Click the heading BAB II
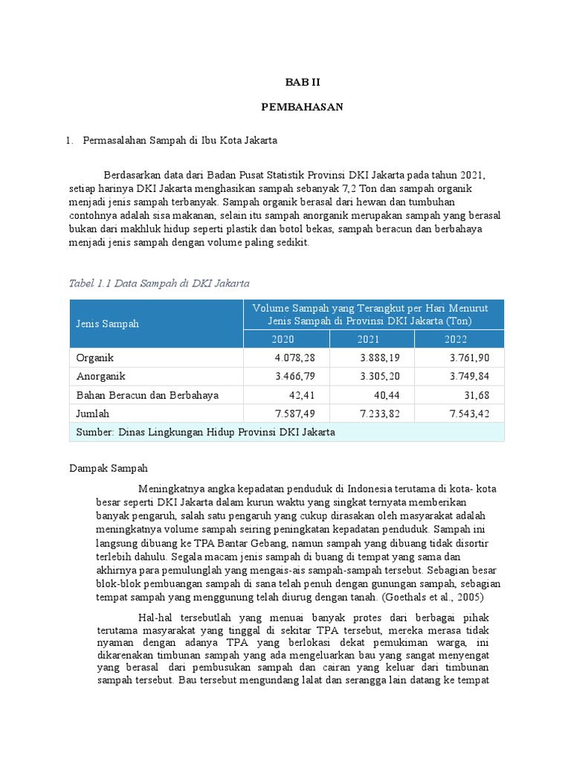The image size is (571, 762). [302, 82]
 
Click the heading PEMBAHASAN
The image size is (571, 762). [302, 107]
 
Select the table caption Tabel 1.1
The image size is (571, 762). [158, 283]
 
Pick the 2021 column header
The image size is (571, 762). [370, 339]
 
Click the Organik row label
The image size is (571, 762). [95, 358]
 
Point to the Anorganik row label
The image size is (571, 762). [101, 377]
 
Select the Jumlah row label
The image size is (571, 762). [94, 413]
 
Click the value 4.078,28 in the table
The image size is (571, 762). [295, 358]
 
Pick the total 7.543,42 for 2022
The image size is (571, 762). [475, 413]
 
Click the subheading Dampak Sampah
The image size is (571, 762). [109, 468]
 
